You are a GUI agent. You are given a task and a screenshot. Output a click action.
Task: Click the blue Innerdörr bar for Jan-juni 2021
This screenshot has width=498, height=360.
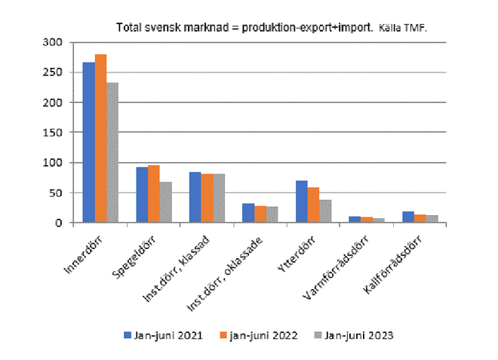[88, 143]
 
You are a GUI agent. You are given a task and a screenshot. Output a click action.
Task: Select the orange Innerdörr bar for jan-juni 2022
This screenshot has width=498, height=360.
[100, 139]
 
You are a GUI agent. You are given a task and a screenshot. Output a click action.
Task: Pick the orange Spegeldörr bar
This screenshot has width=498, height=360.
[153, 194]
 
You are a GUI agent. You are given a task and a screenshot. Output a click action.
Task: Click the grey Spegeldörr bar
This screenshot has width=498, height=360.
[165, 202]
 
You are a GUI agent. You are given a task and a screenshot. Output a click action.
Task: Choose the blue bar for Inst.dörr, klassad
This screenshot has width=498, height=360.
[195, 198]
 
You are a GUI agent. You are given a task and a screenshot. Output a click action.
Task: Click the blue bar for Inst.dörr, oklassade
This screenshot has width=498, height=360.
[248, 213]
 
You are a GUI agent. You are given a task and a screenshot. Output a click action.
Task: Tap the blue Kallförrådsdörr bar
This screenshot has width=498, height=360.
[408, 217]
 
